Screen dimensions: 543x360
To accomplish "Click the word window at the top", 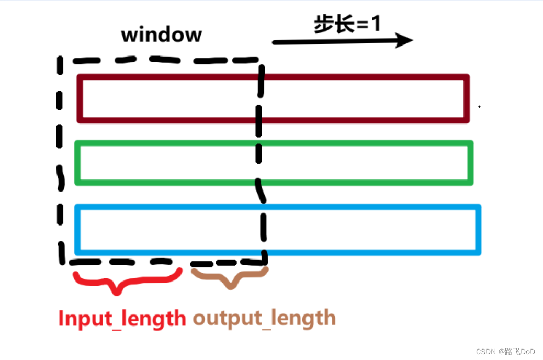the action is tap(161, 35).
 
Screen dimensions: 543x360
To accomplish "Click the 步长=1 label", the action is tap(347, 24).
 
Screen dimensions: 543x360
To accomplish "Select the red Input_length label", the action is tap(122, 318).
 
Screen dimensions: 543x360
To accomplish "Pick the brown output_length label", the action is tap(264, 318).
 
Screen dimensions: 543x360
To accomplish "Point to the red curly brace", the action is tap(127, 282).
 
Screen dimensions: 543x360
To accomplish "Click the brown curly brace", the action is tap(230, 277).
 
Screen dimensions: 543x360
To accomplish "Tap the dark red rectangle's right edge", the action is tap(467, 98).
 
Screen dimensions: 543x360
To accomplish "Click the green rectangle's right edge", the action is tap(470, 163).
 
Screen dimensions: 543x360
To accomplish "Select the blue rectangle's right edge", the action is tap(478, 229).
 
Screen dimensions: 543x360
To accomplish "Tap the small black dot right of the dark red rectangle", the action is tap(479, 107).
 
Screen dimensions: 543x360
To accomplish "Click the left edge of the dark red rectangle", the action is tap(80, 98).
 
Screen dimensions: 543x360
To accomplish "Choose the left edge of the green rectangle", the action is tap(77, 163).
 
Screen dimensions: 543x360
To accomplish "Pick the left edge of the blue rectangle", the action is tap(77, 229).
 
